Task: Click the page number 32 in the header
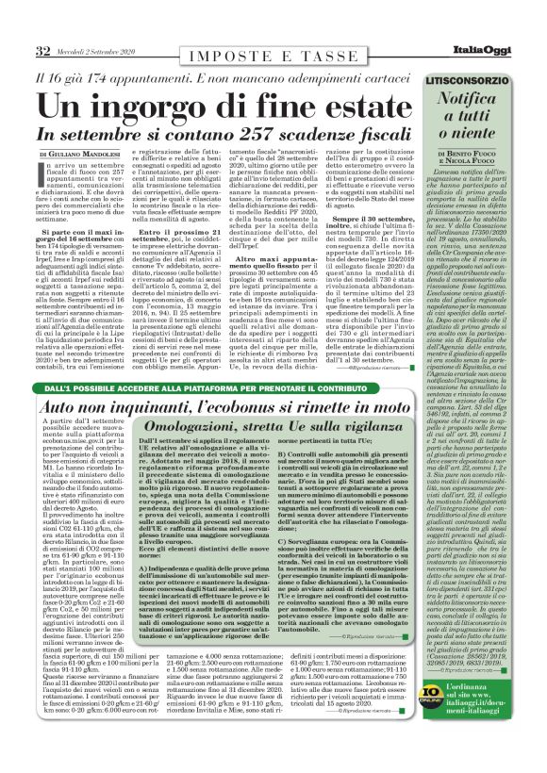(x=42, y=50)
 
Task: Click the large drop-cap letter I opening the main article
(x=45, y=170)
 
